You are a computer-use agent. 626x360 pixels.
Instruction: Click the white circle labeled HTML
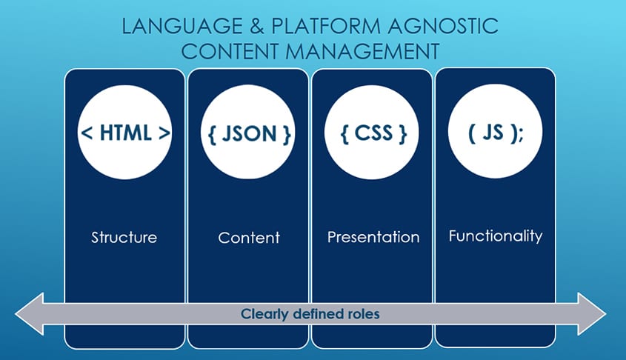125,133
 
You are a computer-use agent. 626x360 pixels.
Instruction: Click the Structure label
124,238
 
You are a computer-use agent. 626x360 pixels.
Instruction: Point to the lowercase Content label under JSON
249,238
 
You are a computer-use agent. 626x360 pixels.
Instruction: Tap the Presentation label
373,238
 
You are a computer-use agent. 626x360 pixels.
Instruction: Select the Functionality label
496,236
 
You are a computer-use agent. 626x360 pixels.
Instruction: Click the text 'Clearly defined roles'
310,314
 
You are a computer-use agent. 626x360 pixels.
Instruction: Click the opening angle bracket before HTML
86,134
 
